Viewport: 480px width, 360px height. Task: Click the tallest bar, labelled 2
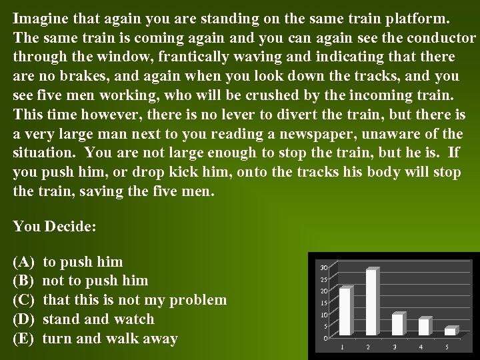click(371, 303)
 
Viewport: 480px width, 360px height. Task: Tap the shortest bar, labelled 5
click(449, 331)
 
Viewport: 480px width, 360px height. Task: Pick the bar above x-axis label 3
click(397, 325)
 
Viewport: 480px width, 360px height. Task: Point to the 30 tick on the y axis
click(324, 268)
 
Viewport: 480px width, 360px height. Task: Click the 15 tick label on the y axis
click(324, 303)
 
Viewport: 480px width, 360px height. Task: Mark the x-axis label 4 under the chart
click(421, 347)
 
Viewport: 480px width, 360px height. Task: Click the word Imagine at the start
click(39, 17)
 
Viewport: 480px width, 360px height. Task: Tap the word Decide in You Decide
click(71, 226)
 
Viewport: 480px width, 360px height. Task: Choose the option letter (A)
click(24, 261)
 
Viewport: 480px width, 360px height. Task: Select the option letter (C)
click(24, 300)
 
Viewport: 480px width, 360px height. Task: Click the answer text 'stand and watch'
click(98, 319)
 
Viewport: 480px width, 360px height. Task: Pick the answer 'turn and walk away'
click(110, 339)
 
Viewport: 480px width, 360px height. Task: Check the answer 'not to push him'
click(95, 281)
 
